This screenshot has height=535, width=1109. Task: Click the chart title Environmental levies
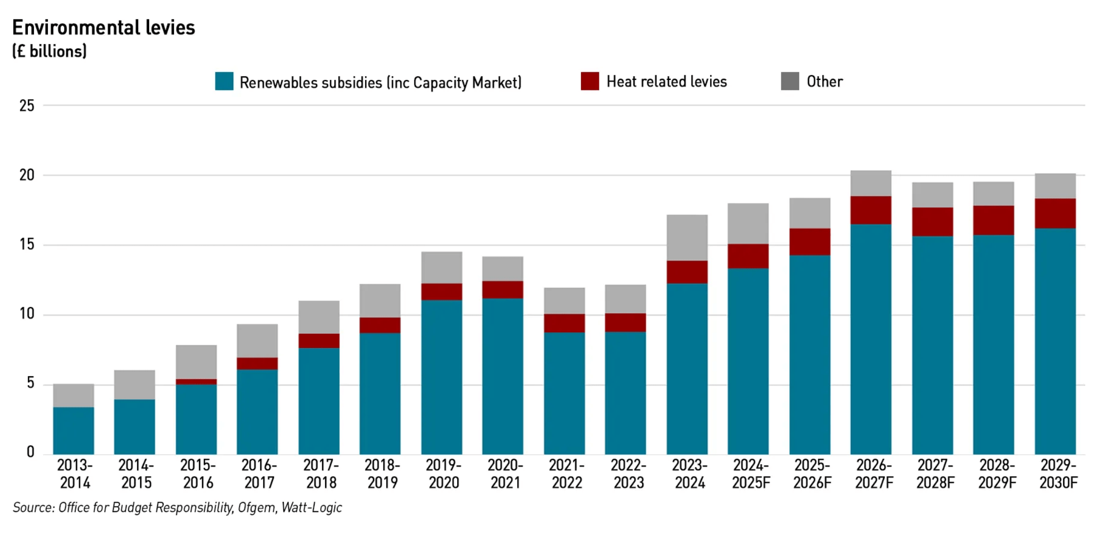(103, 28)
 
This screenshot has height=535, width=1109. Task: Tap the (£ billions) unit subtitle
(49, 51)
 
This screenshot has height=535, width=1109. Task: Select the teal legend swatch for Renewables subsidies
(224, 81)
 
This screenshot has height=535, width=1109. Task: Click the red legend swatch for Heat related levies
(589, 81)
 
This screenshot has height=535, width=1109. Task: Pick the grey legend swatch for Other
(789, 81)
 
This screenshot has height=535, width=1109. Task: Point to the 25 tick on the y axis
(27, 106)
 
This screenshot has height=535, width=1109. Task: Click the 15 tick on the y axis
(27, 245)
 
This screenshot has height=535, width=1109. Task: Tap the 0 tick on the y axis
(30, 452)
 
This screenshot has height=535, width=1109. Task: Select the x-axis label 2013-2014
(75, 474)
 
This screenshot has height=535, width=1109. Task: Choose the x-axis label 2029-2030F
(1058, 474)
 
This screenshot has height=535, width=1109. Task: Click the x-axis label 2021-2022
(566, 474)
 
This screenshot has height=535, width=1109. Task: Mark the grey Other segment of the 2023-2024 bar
(687, 238)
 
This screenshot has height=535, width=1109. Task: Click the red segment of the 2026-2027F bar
(871, 210)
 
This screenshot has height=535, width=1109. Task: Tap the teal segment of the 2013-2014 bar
(73, 431)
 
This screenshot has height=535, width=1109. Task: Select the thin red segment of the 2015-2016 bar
(196, 382)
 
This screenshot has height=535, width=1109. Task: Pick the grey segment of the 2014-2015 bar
(134, 385)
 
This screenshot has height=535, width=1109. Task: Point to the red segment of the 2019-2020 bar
(441, 291)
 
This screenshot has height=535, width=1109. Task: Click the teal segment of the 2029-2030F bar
(1055, 341)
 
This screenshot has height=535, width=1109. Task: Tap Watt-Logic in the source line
(312, 508)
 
